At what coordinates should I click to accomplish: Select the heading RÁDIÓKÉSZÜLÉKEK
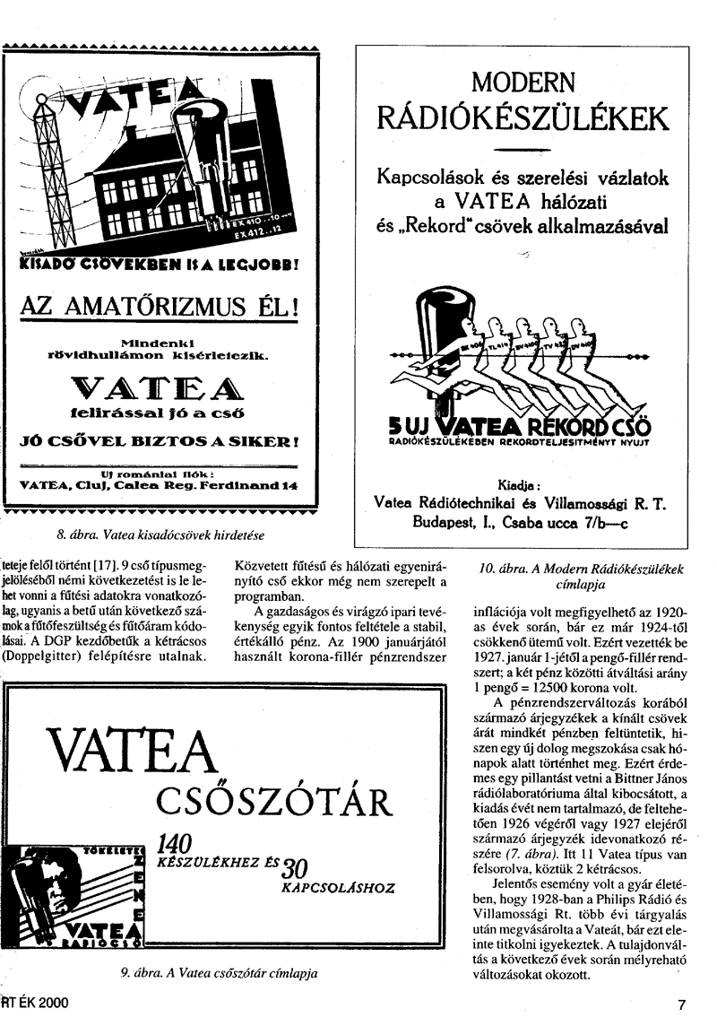[523, 117]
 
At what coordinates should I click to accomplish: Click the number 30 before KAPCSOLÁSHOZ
[296, 868]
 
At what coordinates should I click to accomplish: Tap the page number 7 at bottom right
[682, 1005]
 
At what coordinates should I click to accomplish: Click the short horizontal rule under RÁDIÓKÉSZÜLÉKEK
[523, 147]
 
